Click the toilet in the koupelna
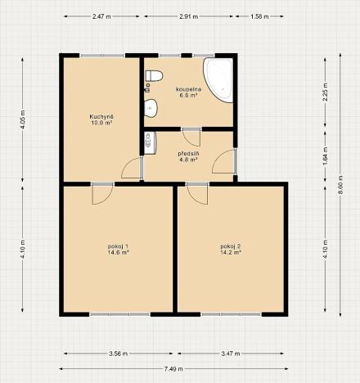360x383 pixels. (151, 79)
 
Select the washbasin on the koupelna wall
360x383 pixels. (150, 107)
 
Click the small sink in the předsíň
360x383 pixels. (148, 142)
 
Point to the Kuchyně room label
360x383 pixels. (101, 117)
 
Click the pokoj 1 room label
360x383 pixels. (118, 246)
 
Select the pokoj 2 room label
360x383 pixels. (231, 246)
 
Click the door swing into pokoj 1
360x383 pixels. (101, 194)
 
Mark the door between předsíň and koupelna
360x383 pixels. (191, 137)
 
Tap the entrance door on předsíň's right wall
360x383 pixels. (223, 161)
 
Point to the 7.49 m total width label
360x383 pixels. (176, 367)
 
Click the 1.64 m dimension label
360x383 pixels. (325, 156)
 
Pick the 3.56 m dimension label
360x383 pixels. (118, 354)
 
